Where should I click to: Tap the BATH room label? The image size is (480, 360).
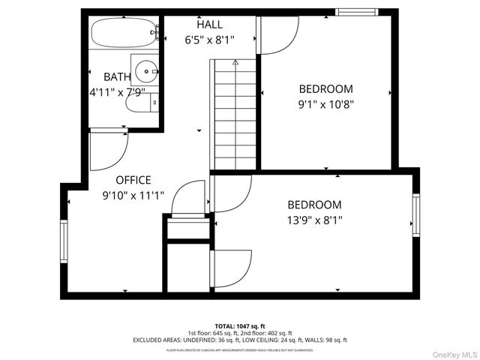[117, 76]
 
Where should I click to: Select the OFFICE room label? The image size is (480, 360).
[133, 180]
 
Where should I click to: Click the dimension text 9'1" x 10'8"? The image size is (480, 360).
[325, 105]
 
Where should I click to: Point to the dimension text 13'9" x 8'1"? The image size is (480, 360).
[315, 220]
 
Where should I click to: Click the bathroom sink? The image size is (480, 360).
[145, 69]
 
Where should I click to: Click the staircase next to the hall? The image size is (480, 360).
[235, 116]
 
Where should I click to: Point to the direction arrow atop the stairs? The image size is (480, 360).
[235, 63]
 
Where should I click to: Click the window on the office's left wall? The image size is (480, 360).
[64, 241]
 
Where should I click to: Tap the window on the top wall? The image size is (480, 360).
[355, 12]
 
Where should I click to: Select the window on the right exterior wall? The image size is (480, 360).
[416, 214]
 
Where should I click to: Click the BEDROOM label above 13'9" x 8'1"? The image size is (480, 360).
[315, 205]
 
